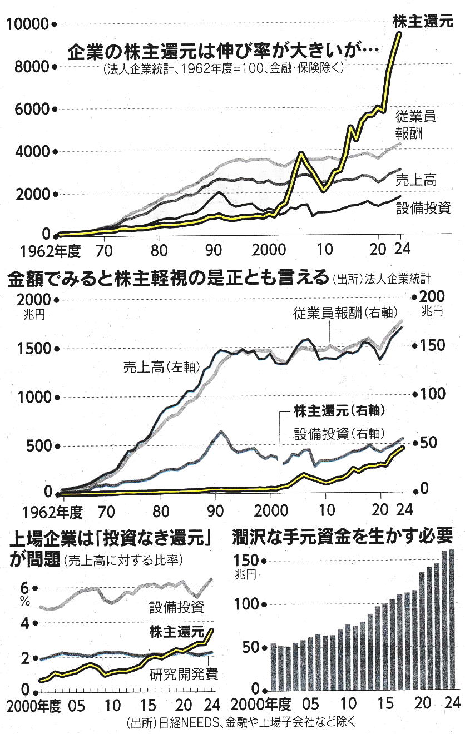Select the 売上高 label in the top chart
coord(415,180)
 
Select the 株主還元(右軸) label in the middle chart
coord(340,412)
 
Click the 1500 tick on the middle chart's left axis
coord(31,349)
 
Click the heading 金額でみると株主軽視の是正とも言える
coord(167,279)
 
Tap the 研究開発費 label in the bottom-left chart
coord(183,675)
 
